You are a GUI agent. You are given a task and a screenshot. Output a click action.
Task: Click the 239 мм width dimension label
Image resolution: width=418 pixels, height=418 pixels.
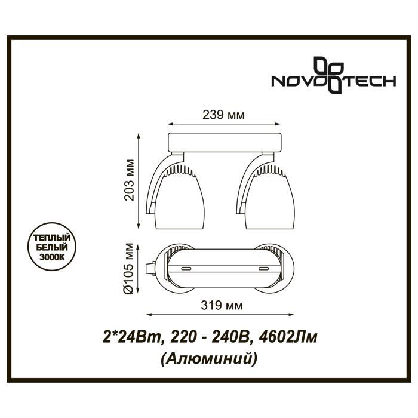[223, 115]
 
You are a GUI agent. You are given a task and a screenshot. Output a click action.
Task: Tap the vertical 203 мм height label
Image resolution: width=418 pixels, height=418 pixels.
[130, 180]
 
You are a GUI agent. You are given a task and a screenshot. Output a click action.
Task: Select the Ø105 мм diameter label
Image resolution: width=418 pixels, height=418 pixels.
[130, 269]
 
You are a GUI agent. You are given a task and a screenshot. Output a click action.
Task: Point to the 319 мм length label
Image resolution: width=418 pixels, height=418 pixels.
[222, 306]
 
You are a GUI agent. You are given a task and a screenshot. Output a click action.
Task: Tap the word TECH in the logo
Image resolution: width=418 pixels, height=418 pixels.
[370, 81]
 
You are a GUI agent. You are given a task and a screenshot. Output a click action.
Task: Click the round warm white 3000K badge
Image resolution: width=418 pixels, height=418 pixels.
[52, 247]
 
